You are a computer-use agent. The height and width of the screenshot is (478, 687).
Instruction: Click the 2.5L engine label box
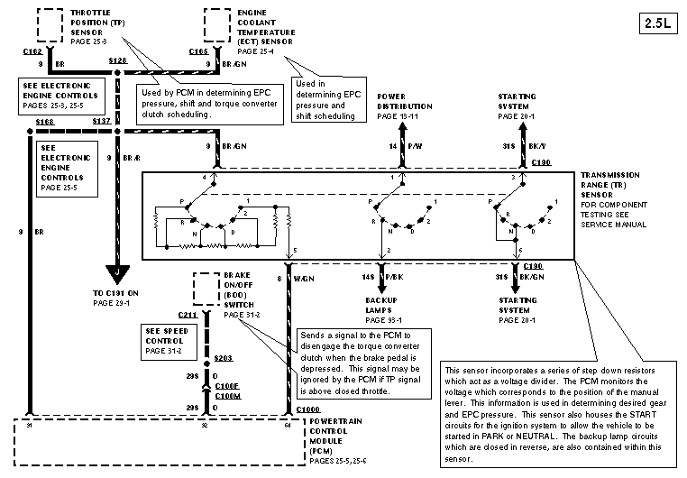pos(660,23)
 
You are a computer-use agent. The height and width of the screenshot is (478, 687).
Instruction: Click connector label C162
pos(32,52)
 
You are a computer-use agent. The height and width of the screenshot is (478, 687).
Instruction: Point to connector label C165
pos(199,52)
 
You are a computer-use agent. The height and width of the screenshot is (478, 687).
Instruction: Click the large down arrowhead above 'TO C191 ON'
pos(117,272)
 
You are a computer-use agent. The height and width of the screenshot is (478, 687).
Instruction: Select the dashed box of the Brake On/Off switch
pos(206,290)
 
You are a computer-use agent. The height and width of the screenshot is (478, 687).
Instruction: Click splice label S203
pos(224,358)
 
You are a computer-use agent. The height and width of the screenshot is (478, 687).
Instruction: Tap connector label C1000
pos(307,410)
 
